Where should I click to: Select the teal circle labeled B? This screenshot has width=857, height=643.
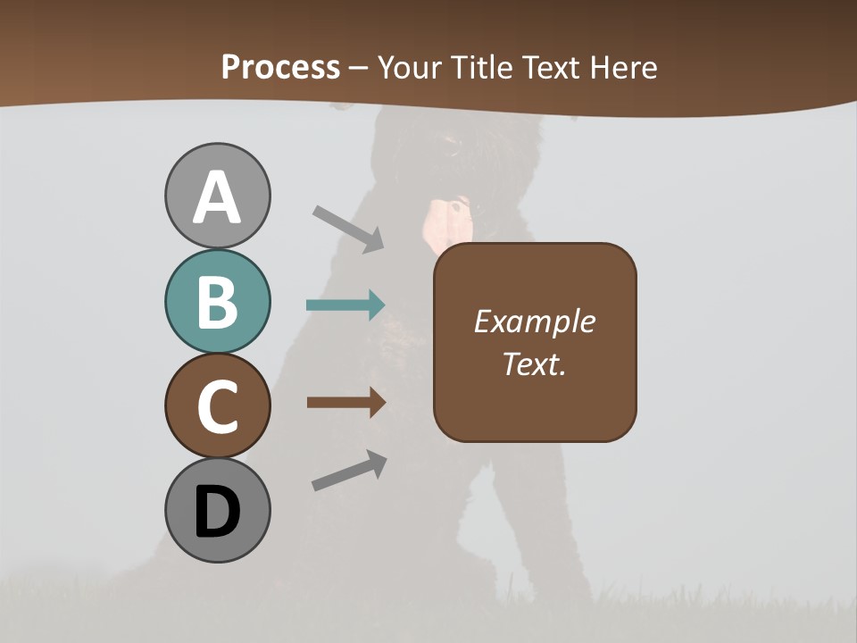pos(217,302)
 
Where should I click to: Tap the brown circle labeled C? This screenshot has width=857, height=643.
pos(217,406)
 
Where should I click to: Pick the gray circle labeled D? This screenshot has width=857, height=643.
pos(217,512)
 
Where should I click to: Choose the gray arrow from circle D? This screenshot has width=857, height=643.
pos(349,472)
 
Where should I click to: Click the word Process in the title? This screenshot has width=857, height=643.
pos(280,67)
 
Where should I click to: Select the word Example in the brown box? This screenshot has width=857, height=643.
pos(535,321)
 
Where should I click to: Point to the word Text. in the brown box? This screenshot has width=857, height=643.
pos(535,363)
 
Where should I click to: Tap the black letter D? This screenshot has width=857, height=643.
pos(217,513)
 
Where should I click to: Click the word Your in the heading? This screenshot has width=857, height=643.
pos(410,67)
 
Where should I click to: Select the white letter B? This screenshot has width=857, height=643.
pos(217,302)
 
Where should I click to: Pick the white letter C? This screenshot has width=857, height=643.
pos(217,407)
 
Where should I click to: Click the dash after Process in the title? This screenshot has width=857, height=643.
pos(359,68)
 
